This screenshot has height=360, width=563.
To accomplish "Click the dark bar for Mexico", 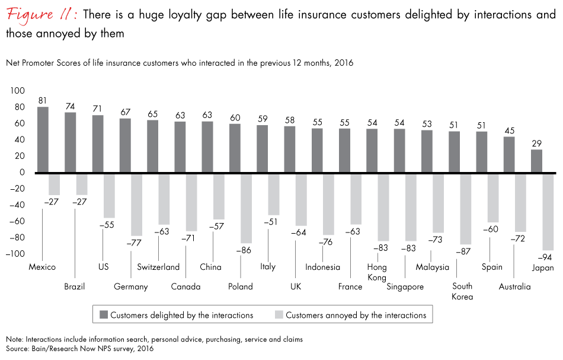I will pos(43,139).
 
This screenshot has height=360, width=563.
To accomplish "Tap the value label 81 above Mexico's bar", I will pos(43,100).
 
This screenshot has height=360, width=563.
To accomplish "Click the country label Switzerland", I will pos(158,267).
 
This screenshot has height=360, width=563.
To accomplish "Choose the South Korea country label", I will pos(462,291).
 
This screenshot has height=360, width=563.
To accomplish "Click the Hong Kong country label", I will pos(377,272).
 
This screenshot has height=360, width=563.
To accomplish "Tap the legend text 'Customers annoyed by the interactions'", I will pos(356,315).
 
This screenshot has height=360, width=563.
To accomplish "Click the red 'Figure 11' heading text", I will pos(39,15).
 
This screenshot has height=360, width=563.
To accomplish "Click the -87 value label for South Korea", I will pos(463,251).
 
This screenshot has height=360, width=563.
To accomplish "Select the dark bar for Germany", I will pos(125,145).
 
